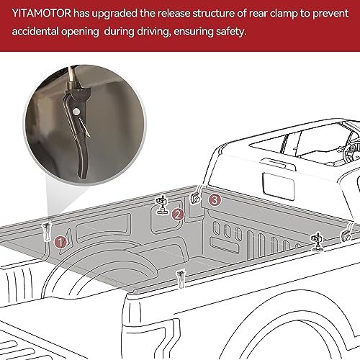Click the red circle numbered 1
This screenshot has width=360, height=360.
coord(61,242)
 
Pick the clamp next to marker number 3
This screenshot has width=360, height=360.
coord(195,197)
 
